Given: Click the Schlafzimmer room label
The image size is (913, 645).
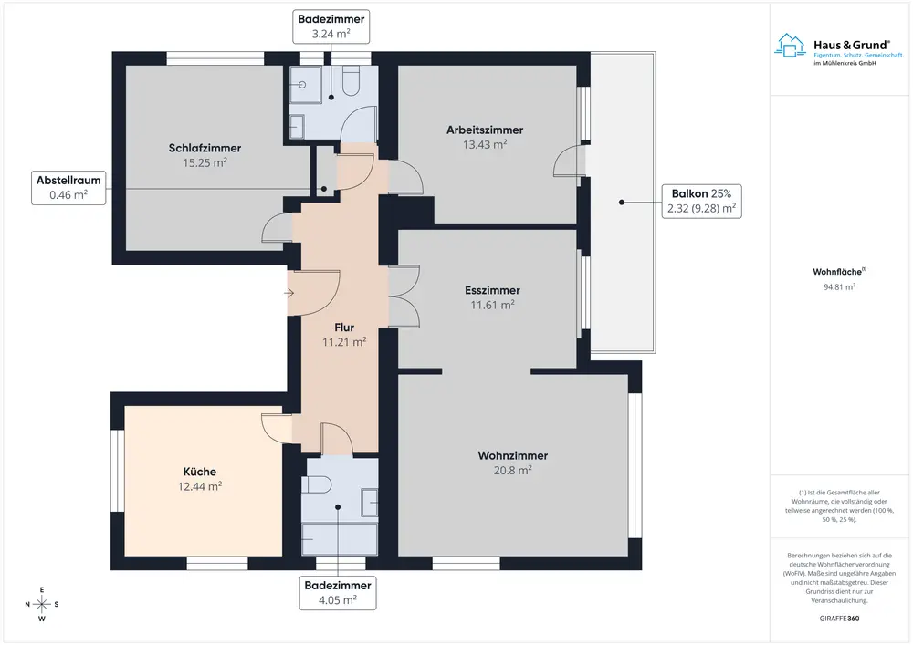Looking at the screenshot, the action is (x=205, y=149).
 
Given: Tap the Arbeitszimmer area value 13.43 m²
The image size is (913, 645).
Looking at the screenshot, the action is (x=485, y=145).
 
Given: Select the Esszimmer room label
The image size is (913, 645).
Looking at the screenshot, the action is (x=493, y=290).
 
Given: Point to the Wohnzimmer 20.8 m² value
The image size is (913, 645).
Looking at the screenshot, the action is (x=513, y=471).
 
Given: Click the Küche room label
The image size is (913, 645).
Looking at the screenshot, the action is (x=200, y=472).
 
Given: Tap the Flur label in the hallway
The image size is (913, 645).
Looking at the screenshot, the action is (x=344, y=328).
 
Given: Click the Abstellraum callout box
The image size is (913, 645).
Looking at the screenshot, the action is (x=68, y=188).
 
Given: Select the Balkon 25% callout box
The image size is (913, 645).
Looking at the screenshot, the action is (x=701, y=202).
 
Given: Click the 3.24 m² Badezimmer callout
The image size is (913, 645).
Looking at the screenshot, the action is (x=331, y=26).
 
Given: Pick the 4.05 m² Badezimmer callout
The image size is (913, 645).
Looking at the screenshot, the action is (x=338, y=593).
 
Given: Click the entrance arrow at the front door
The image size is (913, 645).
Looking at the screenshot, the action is (x=289, y=293).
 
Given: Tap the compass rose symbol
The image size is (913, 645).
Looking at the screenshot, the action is (x=42, y=604).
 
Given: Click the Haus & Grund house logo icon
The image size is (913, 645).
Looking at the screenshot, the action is (x=790, y=46).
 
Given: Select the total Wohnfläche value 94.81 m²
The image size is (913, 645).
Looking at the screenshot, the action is (x=839, y=286).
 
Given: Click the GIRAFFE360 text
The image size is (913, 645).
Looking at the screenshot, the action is (x=839, y=619).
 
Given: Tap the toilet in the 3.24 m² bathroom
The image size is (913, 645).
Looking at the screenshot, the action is (x=351, y=80).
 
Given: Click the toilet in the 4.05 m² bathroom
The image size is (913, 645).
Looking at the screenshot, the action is (x=316, y=484).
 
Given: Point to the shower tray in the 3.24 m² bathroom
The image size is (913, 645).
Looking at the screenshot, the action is (x=306, y=84).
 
